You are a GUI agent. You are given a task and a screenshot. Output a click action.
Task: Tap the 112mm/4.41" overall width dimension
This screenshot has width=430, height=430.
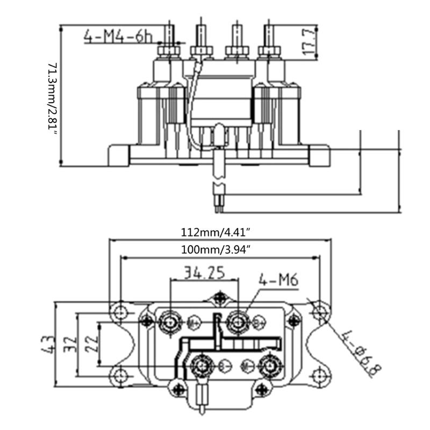coord(217,233)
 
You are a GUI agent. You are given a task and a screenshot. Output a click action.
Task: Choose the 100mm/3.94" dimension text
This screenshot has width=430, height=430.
coord(217,249)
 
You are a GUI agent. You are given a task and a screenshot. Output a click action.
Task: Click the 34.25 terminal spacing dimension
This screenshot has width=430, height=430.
coord(203,273)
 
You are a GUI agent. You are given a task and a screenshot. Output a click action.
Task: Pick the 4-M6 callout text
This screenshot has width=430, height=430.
coord(279,279)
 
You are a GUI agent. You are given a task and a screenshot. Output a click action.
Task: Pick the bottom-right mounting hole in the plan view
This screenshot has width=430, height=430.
coord(320,372)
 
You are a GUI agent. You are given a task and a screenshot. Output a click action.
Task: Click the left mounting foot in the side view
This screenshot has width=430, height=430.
coord(119,155)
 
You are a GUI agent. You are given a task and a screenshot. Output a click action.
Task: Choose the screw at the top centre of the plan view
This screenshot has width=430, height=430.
coord(219,297)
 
